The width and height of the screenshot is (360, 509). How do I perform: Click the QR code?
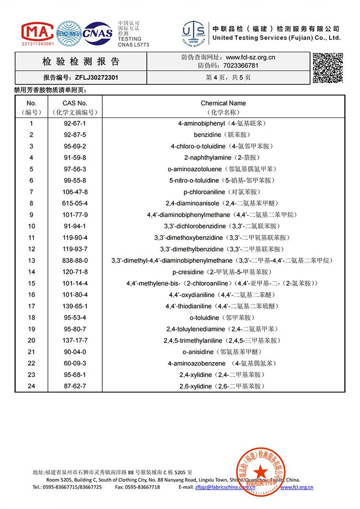328,68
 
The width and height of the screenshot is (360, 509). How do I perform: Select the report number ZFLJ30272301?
96,77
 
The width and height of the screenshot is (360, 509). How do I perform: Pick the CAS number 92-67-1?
75,123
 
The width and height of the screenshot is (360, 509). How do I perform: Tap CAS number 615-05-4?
75,203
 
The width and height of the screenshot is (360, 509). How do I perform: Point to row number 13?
32,260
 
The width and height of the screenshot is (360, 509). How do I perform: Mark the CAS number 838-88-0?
75,260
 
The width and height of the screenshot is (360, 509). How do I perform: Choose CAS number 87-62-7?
75,386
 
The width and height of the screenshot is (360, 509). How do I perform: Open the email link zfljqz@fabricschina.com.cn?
225,487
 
